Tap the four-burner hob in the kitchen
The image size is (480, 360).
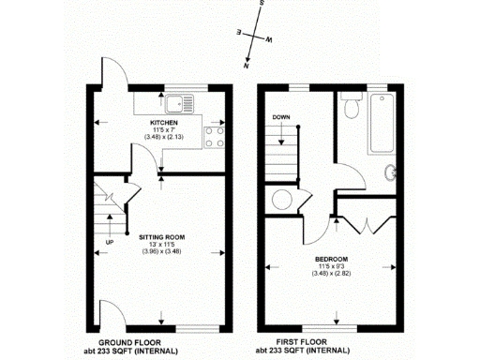click(x=212, y=136)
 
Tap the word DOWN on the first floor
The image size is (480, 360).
click(x=282, y=117)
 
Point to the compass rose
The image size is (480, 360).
click(x=252, y=37)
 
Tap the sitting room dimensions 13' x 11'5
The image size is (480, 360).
click(x=157, y=246)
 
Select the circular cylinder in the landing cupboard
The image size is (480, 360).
click(x=279, y=198)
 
